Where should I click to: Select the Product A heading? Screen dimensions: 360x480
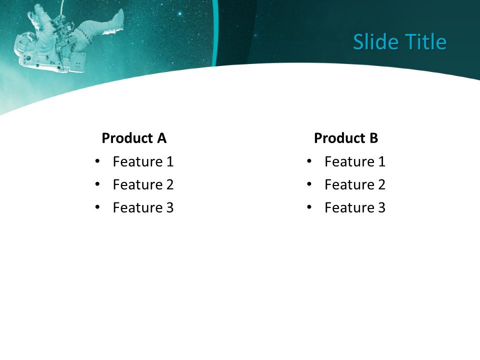coord(134,138)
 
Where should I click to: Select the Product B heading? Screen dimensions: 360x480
coord(346,138)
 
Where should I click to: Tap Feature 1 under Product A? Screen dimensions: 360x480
coord(143,161)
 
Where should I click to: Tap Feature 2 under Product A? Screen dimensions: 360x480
coord(143,184)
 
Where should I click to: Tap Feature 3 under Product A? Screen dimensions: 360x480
coord(143,207)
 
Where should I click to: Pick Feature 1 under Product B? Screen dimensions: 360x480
coord(355,161)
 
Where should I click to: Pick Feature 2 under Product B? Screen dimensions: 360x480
coord(355,184)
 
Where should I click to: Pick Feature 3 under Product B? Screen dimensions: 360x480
coord(355,207)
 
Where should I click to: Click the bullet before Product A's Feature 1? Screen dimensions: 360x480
coord(97,161)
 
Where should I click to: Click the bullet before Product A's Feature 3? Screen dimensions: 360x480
coord(97,207)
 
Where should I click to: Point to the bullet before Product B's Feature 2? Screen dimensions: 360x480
coord(309,184)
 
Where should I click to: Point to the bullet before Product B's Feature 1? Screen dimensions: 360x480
coord(309,161)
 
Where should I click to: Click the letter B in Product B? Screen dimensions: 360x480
coord(374,138)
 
